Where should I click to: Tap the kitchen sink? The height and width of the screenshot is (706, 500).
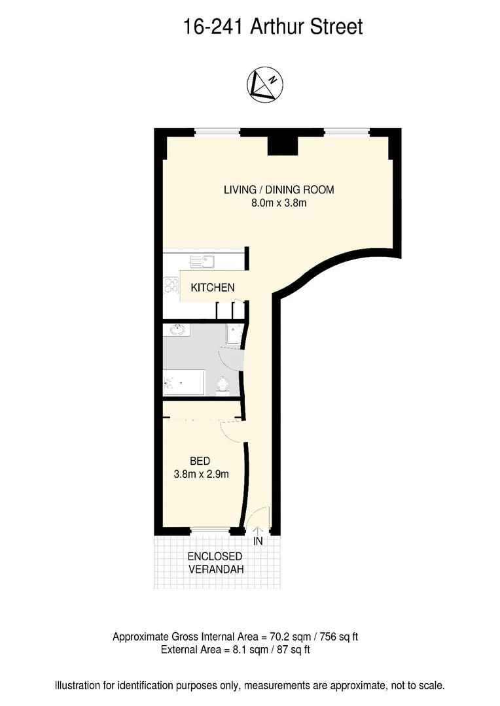tap(202, 261)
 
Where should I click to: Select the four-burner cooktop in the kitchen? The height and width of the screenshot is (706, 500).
tap(171, 286)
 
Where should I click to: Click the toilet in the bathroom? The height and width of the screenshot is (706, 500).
tap(223, 384)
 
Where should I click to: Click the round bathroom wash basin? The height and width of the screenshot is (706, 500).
tap(177, 329)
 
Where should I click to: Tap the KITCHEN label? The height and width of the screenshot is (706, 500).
tap(213, 288)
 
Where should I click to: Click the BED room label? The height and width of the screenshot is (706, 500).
tap(200, 462)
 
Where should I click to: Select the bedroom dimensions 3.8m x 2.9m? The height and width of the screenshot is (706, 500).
tap(201, 475)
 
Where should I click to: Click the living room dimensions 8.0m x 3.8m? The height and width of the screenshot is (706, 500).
tap(279, 203)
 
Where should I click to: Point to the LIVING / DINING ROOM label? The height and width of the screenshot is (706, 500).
tap(279, 190)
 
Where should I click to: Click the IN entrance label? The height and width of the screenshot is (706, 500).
tap(258, 541)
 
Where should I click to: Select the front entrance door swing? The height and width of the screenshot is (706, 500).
tap(259, 516)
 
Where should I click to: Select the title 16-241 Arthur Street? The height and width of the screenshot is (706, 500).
tap(272, 27)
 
